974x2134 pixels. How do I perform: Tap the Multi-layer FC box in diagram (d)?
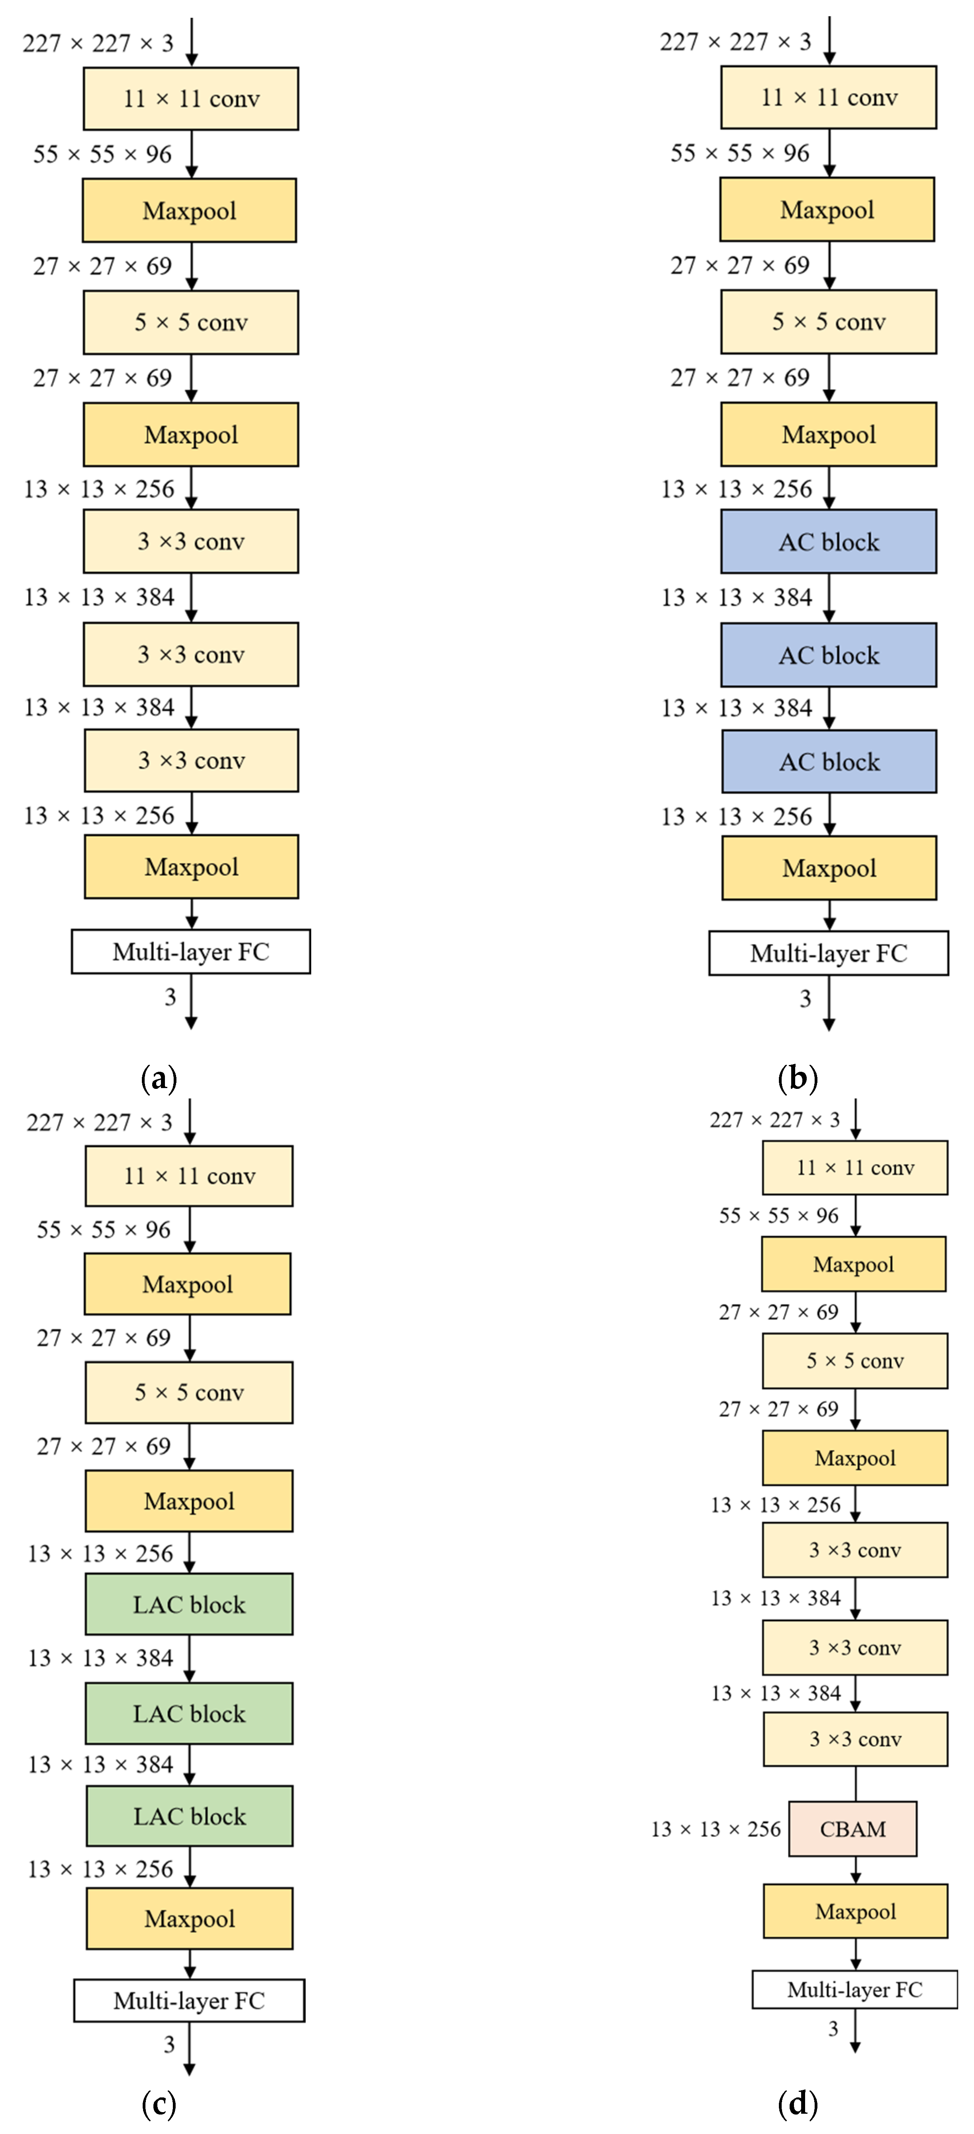[x=855, y=1990]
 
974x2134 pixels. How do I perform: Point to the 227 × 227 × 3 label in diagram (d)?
[x=775, y=1120]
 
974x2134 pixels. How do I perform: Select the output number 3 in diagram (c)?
[x=169, y=2045]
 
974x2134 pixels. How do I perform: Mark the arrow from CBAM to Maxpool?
[x=856, y=1869]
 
